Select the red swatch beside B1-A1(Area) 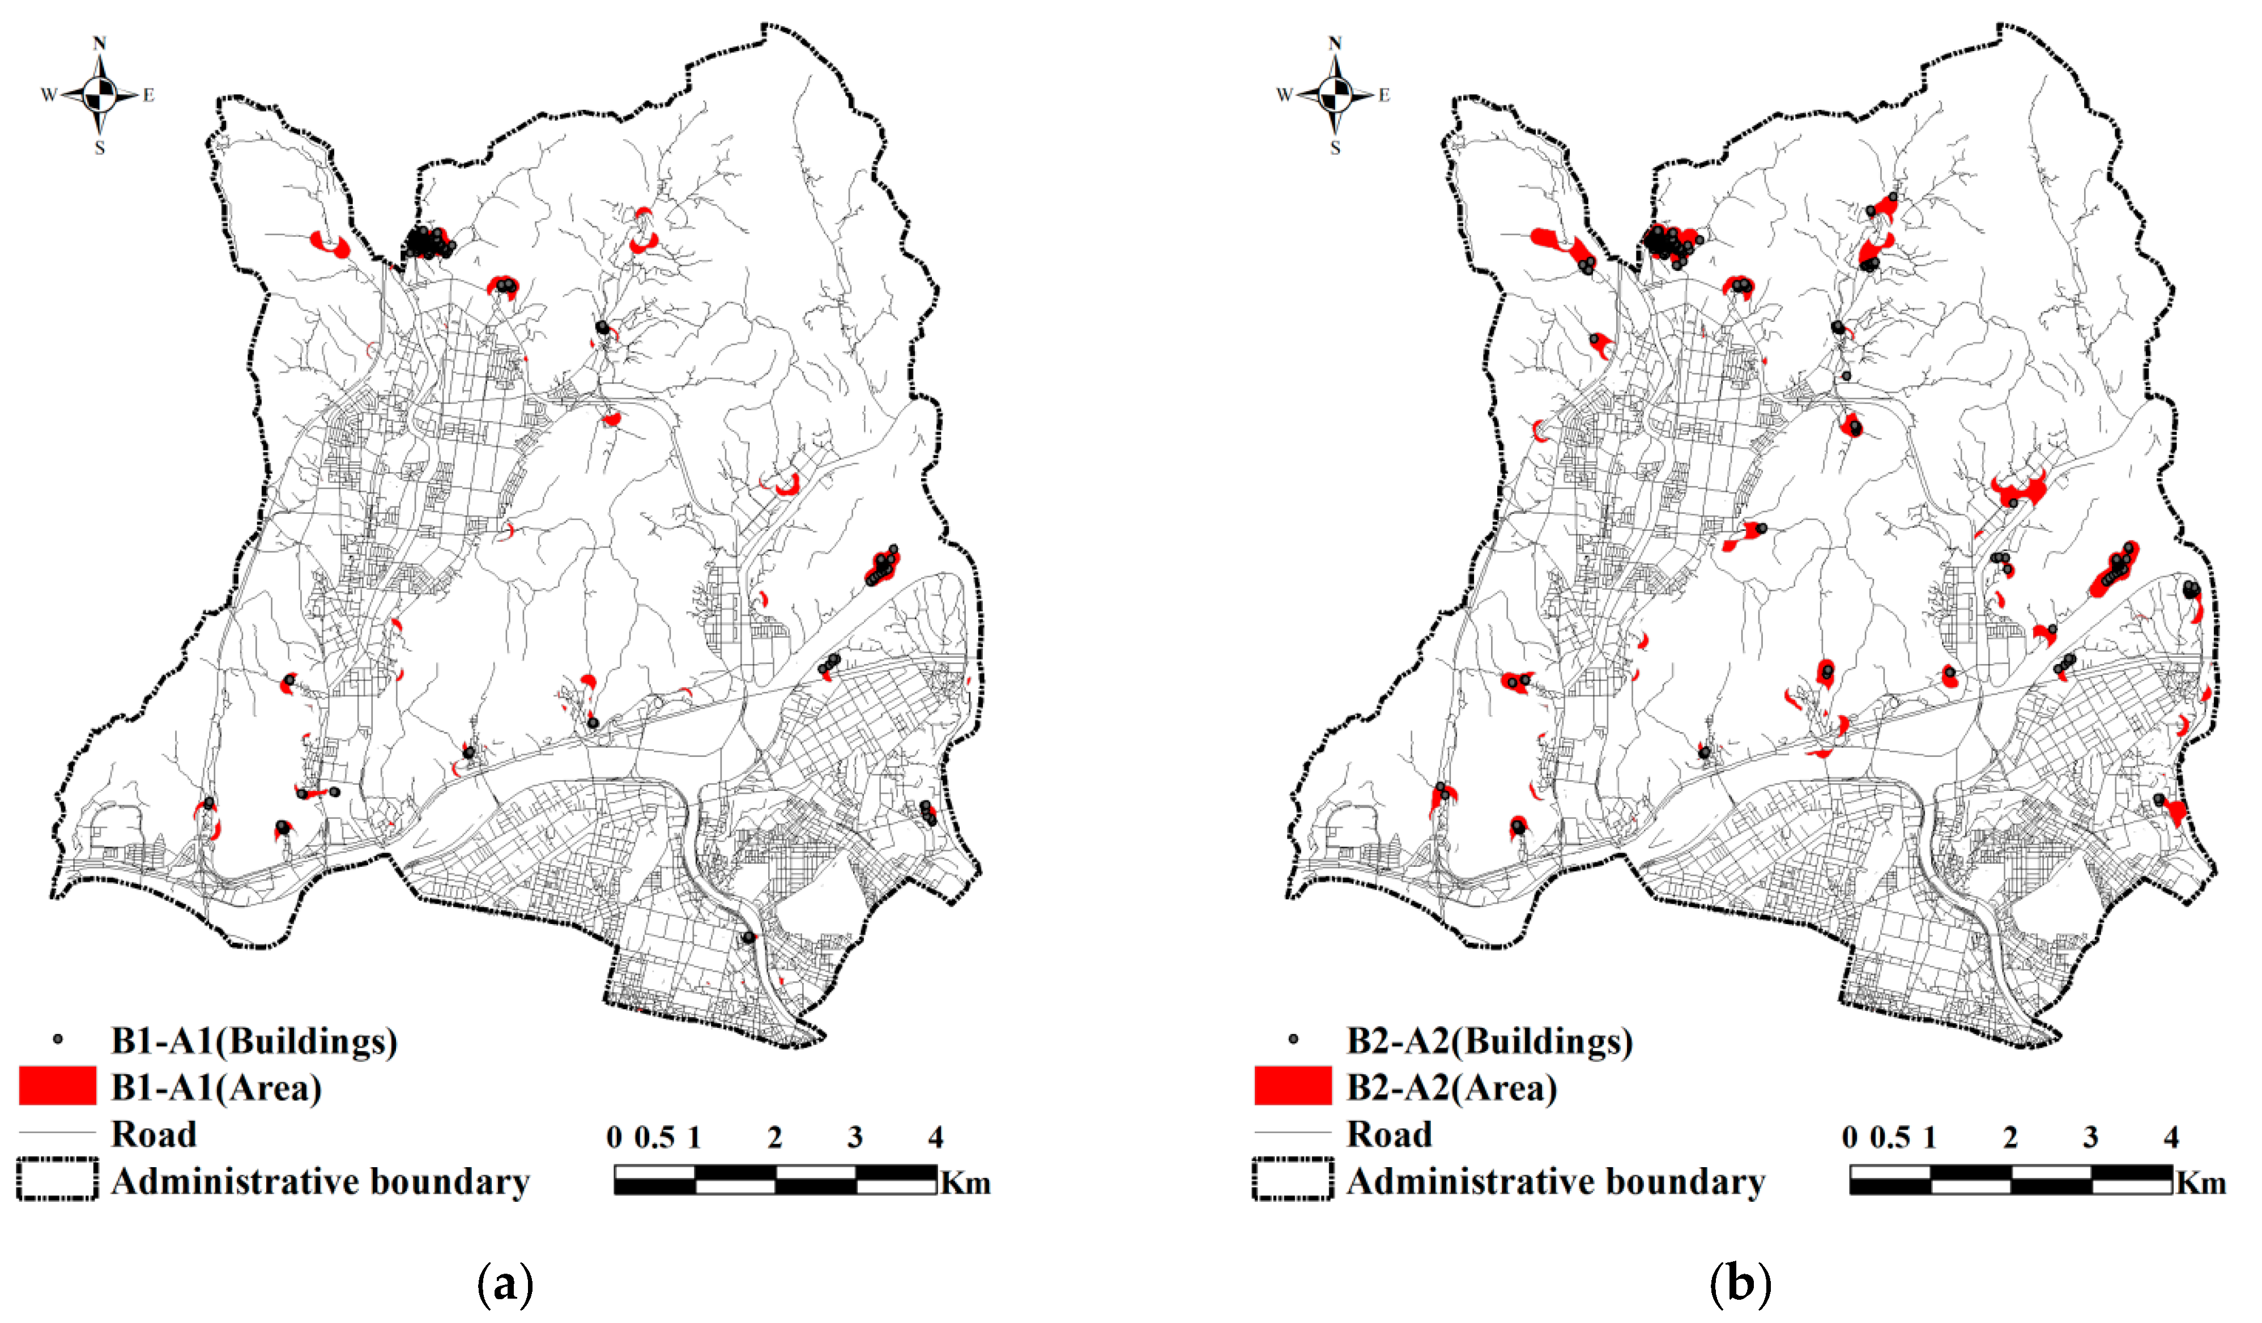[57, 1086]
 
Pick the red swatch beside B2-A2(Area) [1293, 1086]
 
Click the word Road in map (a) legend [154, 1134]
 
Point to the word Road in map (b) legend [1388, 1134]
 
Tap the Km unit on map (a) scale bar [966, 1183]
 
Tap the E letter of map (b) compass [1384, 95]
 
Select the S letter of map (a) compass [100, 148]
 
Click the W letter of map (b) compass [1284, 95]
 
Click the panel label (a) [506, 1284]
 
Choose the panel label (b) [1741, 1284]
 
